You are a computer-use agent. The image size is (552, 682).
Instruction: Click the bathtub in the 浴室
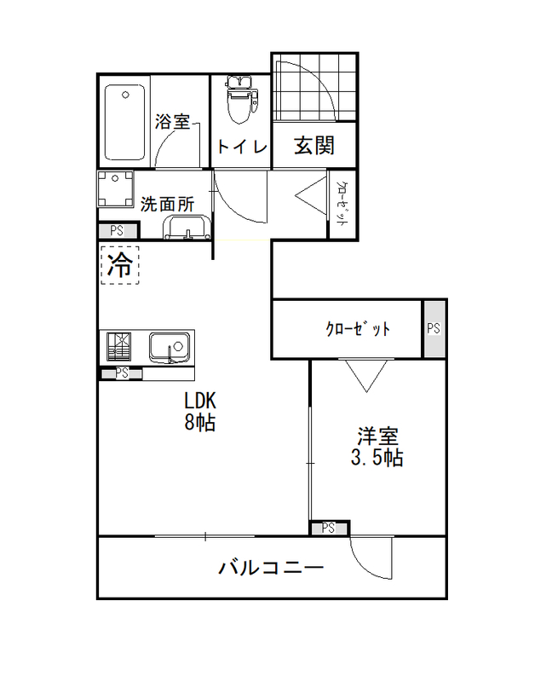(124, 122)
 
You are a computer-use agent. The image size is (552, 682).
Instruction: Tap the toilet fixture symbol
(241, 100)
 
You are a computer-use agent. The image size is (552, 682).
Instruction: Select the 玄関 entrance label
(314, 145)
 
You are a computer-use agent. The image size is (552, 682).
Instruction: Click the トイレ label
(242, 146)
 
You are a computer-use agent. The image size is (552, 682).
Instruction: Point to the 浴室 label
(173, 121)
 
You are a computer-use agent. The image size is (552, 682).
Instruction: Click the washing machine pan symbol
(116, 188)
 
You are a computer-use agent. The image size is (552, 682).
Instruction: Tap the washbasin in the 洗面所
(187, 227)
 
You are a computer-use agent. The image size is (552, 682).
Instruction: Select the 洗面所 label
(167, 204)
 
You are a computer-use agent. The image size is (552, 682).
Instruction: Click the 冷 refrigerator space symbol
(120, 265)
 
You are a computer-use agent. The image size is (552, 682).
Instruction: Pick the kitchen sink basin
(170, 348)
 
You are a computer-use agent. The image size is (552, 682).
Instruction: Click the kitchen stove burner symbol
(119, 347)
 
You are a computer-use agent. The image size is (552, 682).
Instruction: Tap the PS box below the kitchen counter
(122, 373)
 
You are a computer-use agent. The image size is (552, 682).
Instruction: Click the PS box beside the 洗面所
(118, 230)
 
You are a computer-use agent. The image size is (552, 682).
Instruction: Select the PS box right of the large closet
(434, 328)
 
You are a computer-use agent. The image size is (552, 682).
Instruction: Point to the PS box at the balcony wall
(329, 528)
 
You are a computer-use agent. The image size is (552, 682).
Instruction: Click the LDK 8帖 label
(200, 411)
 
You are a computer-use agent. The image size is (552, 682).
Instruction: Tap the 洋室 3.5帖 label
(377, 447)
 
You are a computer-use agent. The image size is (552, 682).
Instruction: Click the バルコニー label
(271, 568)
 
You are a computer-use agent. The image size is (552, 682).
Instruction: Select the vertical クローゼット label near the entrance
(342, 203)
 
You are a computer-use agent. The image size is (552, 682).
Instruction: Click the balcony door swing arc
(365, 565)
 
